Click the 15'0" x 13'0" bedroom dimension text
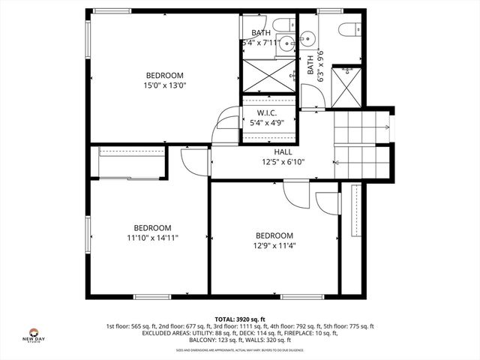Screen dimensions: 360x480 click(164, 85)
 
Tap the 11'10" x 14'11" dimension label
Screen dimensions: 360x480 click(152, 238)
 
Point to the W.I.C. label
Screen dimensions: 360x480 click(268, 112)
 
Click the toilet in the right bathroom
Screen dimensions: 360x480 click(347, 29)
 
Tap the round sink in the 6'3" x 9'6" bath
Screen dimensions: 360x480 click(308, 38)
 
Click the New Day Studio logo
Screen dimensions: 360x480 click(34, 335)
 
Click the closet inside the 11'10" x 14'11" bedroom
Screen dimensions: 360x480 click(132, 163)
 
